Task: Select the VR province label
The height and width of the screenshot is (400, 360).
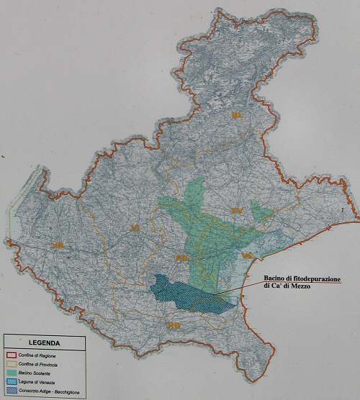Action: coord(58,247)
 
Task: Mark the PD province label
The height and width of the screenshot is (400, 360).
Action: coord(181,258)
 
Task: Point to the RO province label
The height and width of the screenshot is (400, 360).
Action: coord(173,326)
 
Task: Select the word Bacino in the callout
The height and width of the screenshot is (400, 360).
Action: coord(273,278)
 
